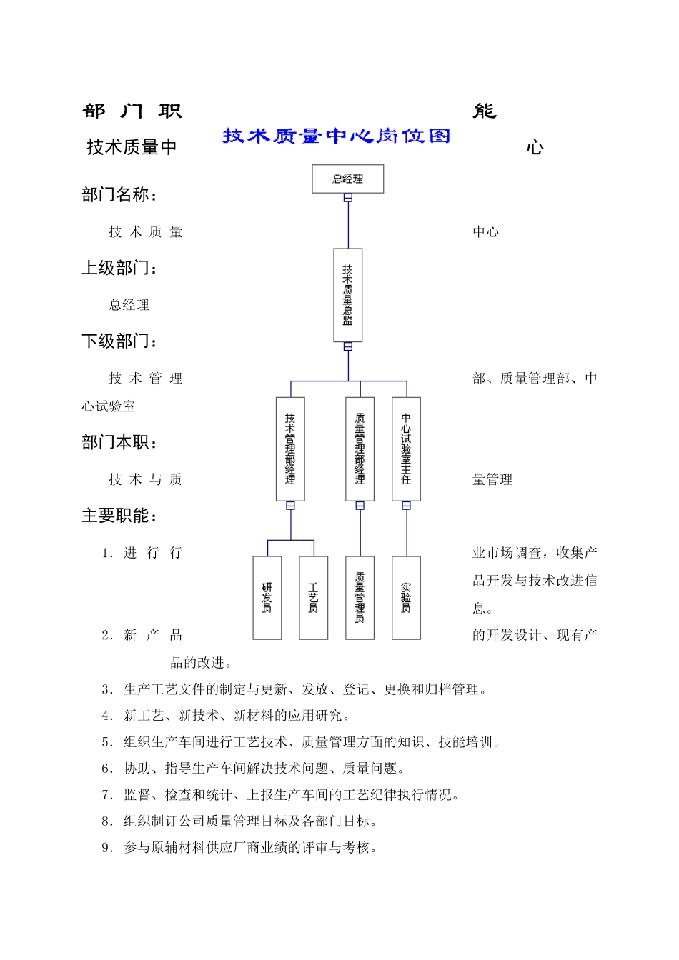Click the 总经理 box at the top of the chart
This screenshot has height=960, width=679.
pyautogui.click(x=347, y=179)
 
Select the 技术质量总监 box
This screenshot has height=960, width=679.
pyautogui.click(x=347, y=295)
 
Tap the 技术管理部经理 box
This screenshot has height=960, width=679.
pyautogui.click(x=290, y=449)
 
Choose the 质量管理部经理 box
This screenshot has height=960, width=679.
pyautogui.click(x=360, y=449)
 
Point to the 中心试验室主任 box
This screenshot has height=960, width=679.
pyautogui.click(x=406, y=449)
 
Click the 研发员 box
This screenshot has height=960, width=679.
pyautogui.click(x=267, y=597)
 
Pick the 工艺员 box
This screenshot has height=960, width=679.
pyautogui.click(x=313, y=597)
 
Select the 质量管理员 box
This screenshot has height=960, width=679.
pyautogui.click(x=360, y=597)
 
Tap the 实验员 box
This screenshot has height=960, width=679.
pyautogui.click(x=406, y=597)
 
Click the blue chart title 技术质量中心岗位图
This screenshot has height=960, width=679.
pyautogui.click(x=336, y=136)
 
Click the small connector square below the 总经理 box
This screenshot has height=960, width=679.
pyautogui.click(x=348, y=198)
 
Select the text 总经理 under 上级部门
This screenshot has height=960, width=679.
pyautogui.click(x=129, y=305)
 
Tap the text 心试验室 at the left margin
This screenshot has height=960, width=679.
pyautogui.click(x=109, y=406)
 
